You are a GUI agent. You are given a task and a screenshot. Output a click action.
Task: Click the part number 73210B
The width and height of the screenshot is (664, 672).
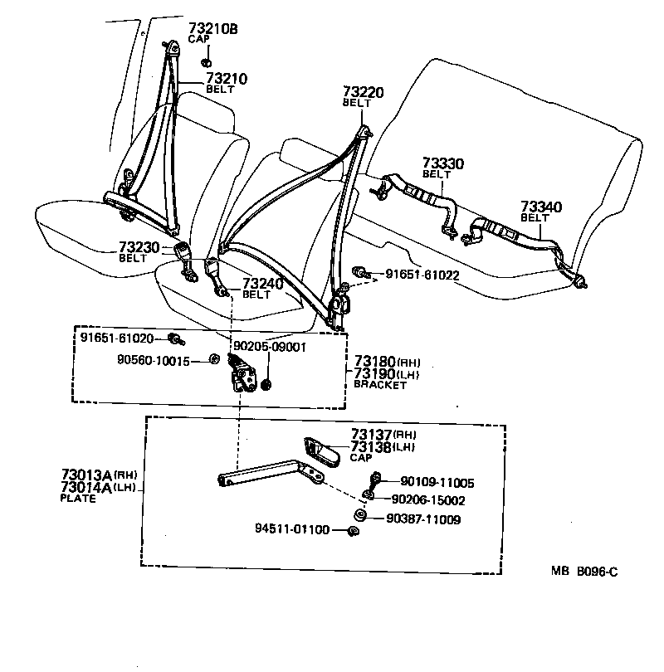[212, 28]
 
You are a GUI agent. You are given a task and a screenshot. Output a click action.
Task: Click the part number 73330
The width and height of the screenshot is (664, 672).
[442, 163]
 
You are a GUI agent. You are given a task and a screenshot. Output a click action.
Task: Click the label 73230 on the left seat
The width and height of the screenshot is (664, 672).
[139, 247]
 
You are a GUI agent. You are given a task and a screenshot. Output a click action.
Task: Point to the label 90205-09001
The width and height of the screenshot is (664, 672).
[270, 348]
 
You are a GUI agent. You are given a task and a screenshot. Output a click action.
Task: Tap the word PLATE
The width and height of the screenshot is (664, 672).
[78, 499]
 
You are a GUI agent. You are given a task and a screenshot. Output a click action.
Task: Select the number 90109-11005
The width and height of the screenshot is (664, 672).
[437, 482]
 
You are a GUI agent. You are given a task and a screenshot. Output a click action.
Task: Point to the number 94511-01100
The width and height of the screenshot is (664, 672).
[292, 529]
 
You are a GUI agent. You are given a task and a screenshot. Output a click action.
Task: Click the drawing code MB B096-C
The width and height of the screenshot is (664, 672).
[585, 572]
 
